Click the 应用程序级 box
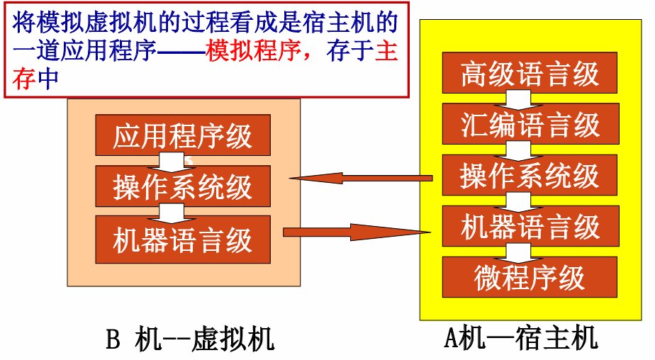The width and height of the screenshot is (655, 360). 183,135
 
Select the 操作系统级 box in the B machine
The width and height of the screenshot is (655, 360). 183,186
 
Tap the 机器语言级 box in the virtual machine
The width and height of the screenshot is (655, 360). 183,240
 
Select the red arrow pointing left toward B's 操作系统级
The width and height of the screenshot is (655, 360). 362,178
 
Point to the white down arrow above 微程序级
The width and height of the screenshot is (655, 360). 517,252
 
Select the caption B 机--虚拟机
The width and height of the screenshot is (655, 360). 190,339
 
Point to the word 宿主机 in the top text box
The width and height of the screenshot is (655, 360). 333,25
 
